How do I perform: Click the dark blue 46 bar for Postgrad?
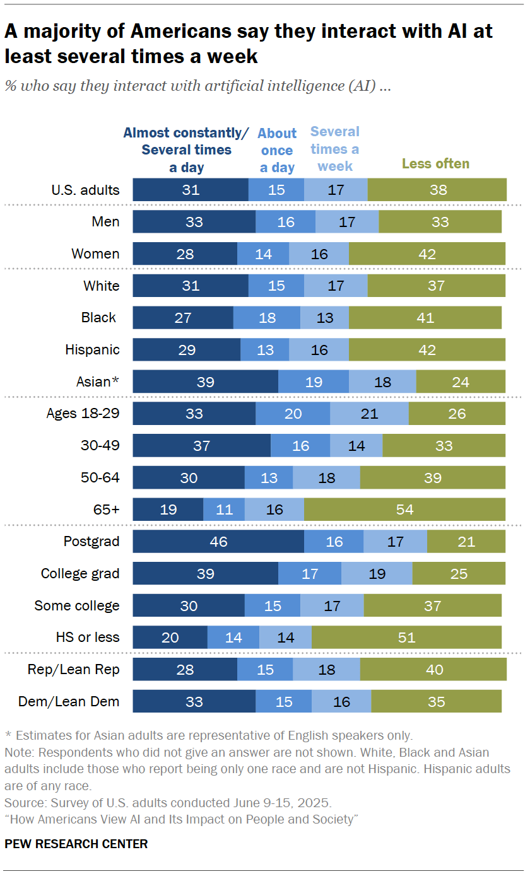coord(218,542)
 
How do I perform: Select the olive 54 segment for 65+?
coord(404,510)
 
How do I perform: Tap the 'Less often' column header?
coord(435,164)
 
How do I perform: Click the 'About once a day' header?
coord(277,150)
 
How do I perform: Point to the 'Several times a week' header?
coord(335,149)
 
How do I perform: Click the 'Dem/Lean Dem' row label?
coord(78,701)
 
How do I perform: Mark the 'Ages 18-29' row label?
coord(83,414)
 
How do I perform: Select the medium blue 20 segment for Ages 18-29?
coord(293,414)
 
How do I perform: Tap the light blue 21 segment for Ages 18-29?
coord(369,414)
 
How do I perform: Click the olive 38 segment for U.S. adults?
coord(437,189)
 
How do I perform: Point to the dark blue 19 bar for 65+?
coord(168,510)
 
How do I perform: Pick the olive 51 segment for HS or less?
coord(406,638)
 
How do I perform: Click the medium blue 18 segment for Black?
coord(267,317)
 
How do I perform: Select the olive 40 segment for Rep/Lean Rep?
coord(433,670)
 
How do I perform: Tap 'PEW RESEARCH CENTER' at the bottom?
coord(76,844)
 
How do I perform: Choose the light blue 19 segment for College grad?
coord(377,574)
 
